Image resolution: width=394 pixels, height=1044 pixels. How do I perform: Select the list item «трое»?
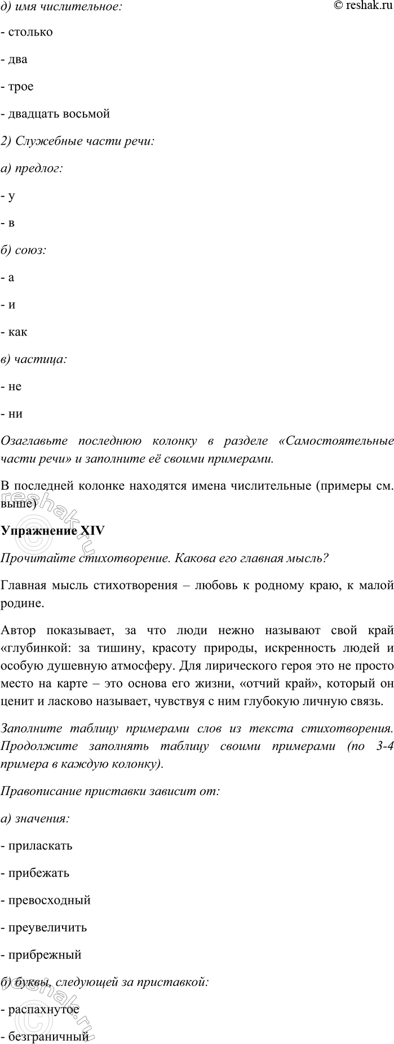(x=21, y=87)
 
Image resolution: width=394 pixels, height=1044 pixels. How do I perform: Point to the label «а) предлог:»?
(x=32, y=168)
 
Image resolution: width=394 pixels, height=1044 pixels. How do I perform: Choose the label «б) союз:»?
(x=24, y=250)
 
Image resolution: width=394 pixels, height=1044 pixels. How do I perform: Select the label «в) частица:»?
(x=33, y=359)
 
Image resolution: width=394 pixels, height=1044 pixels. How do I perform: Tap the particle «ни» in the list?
(x=15, y=413)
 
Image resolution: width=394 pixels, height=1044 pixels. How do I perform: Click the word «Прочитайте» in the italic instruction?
(x=32, y=558)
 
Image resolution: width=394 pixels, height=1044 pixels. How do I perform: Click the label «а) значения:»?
(x=36, y=818)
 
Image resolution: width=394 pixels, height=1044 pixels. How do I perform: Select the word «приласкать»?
(x=40, y=846)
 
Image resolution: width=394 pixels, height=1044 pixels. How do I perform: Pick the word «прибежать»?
(x=38, y=873)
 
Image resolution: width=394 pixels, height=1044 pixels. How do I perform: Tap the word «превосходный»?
(x=49, y=900)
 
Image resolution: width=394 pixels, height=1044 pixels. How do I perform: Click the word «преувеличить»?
(x=47, y=927)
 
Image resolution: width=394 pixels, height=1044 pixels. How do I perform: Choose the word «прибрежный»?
(x=45, y=954)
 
